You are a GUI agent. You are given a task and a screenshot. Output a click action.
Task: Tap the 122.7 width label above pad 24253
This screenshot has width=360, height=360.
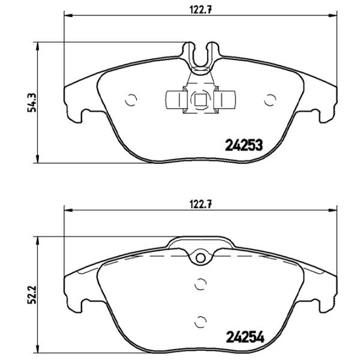[200, 8]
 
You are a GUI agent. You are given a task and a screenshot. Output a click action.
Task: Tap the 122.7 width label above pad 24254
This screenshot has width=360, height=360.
[200, 204]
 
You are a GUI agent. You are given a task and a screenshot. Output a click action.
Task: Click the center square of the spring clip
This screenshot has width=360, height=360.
[200, 100]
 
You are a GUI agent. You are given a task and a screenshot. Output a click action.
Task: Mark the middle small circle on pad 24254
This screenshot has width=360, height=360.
[200, 285]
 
